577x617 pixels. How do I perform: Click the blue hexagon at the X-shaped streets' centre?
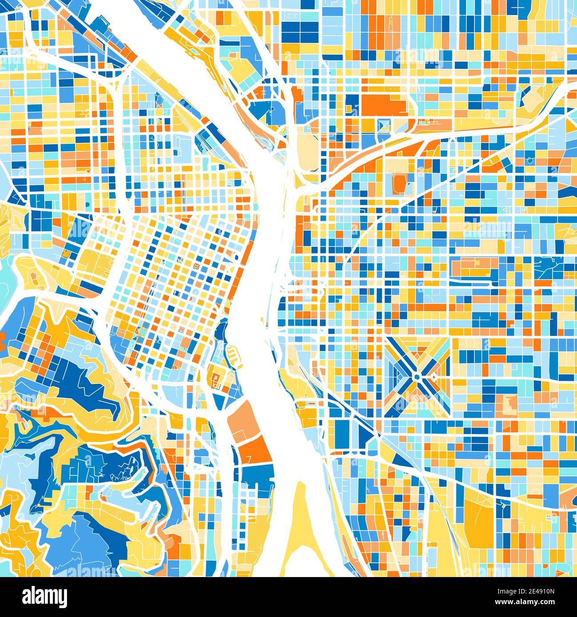(x=418, y=377)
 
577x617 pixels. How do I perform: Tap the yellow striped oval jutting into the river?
(x=234, y=356)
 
